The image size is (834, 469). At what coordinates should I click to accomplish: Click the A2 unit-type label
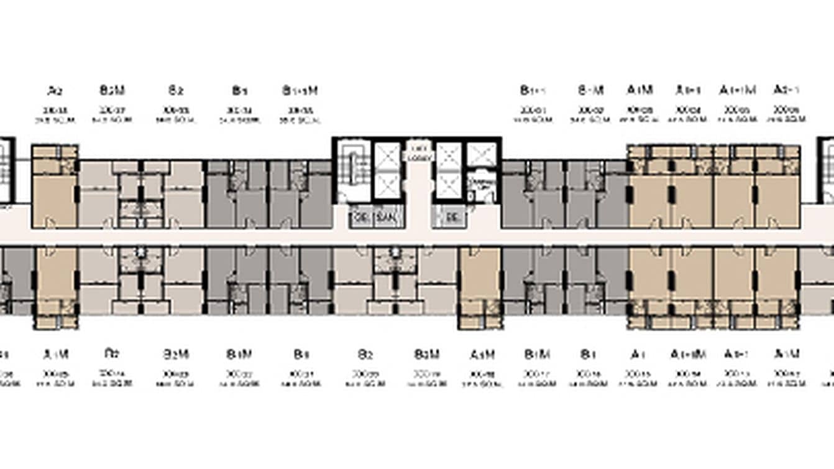point(55,91)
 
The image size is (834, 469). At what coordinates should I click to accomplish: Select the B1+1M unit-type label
point(300,91)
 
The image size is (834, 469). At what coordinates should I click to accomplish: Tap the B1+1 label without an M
point(533,91)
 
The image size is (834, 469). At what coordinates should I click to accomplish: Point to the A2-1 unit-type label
point(786,91)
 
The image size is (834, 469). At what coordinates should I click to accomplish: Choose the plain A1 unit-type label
point(636,355)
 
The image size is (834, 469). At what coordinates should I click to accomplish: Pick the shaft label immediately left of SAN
point(359,218)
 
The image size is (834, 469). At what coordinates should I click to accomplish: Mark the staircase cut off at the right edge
point(828,168)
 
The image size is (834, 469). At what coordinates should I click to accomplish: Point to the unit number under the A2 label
point(55,110)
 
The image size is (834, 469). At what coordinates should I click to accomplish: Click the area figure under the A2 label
point(55,120)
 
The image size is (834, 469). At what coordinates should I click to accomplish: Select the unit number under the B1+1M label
point(300,110)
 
